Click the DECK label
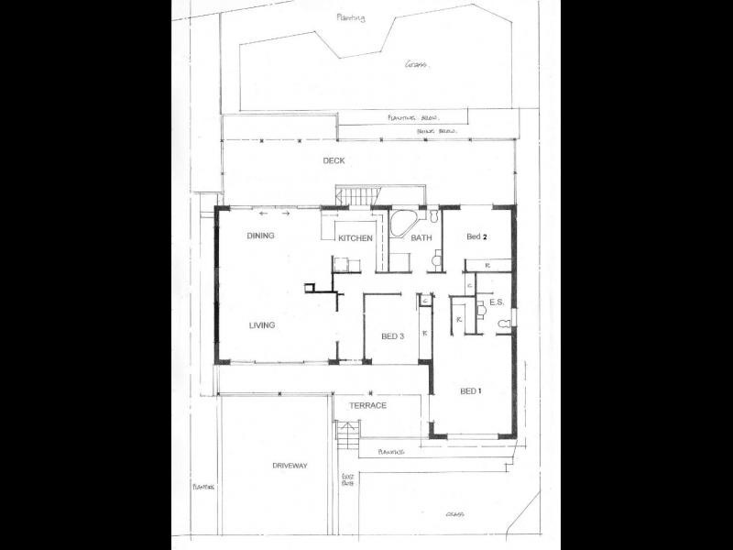(x=333, y=161)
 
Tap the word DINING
(x=261, y=236)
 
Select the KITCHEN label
(x=356, y=238)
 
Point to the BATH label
(x=421, y=238)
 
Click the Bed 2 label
(x=476, y=236)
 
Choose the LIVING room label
(x=261, y=324)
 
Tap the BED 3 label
(x=392, y=336)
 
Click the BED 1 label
(x=471, y=391)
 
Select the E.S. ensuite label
(x=497, y=302)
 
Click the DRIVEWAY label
(x=290, y=466)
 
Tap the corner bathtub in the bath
(x=403, y=223)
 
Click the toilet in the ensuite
(x=503, y=324)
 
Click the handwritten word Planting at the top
(x=349, y=17)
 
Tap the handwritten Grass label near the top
(x=418, y=64)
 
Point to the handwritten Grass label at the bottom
(x=455, y=514)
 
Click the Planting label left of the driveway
(x=202, y=487)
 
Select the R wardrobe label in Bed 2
(x=487, y=266)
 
